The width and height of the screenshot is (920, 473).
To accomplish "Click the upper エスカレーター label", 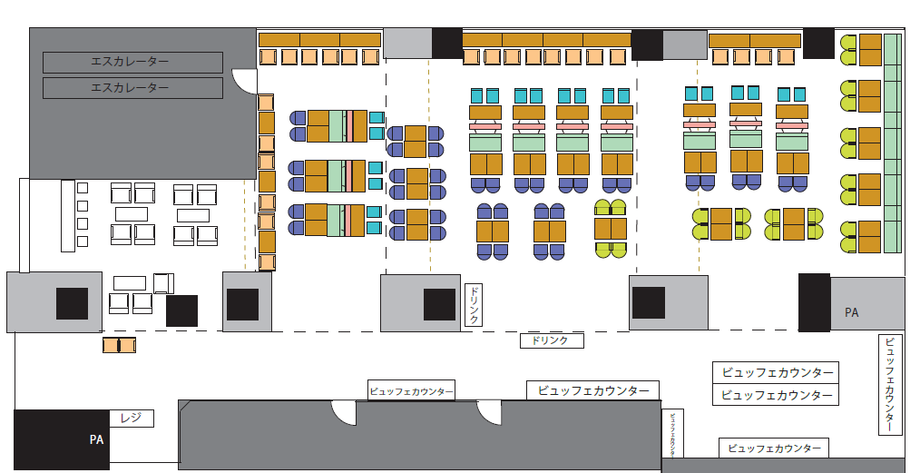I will point(132,63).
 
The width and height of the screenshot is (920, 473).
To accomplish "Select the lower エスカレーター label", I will point(132,88).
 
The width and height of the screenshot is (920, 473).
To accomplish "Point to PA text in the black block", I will point(97,439).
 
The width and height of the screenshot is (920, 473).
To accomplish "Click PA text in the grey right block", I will point(851,312).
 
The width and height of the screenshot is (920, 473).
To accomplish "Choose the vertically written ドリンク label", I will point(474,305).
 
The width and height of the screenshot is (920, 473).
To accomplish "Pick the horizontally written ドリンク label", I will point(551,340).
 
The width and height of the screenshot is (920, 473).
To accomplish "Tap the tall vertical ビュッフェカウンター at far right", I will point(890,384).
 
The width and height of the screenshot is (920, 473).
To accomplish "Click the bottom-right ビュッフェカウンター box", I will point(774,448).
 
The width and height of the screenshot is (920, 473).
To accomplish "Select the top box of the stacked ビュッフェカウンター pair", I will point(776,372).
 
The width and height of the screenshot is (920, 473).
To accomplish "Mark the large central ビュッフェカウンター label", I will point(592,390).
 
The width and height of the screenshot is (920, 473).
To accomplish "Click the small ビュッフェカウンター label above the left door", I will point(411,390).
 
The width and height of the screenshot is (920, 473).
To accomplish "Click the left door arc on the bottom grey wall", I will point(344,413).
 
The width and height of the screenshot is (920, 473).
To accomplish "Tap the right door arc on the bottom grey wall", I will point(490,413).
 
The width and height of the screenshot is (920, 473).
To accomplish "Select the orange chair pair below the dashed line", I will point(119,345).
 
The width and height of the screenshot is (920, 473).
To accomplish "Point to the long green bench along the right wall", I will point(892,143).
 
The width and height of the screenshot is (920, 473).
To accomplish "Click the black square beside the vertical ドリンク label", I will point(439,304).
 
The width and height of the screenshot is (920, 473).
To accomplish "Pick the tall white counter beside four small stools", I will point(67,215).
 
